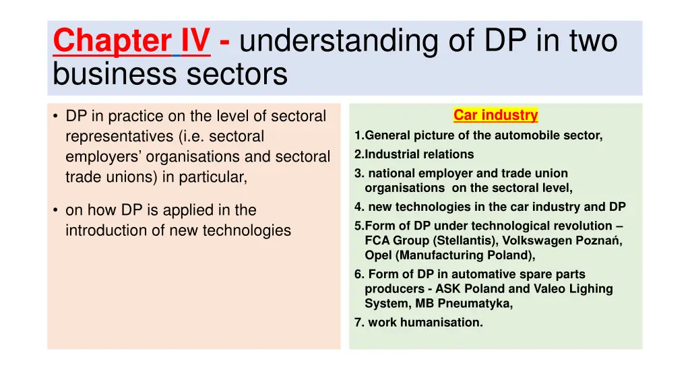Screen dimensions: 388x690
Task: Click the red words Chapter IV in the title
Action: [x=131, y=40]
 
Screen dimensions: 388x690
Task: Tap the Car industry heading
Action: [x=495, y=115]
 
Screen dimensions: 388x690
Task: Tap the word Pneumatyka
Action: [x=478, y=304]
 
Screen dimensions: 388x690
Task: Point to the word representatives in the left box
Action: [x=119, y=137]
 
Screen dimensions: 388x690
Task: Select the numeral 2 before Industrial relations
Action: [x=358, y=154]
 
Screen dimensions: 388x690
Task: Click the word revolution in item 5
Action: [x=582, y=226]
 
